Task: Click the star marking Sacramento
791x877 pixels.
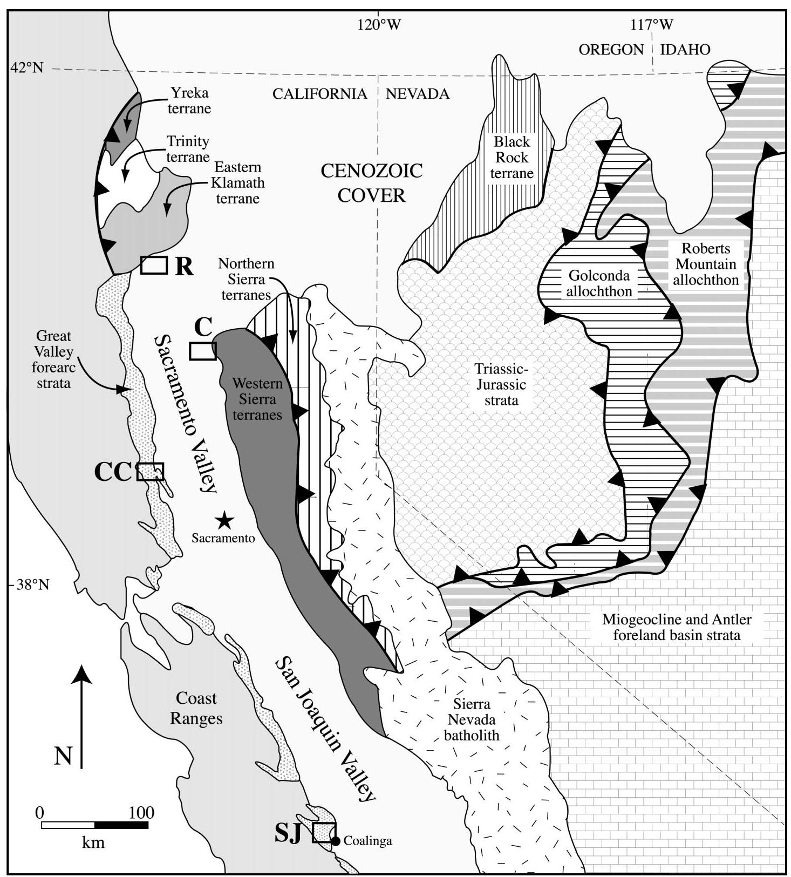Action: pos(224,521)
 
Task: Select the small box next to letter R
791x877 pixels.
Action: pos(154,265)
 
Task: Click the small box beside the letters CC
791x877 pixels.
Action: pos(150,472)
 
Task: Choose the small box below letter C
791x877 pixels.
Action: pos(203,351)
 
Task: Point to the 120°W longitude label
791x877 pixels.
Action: pos(379,24)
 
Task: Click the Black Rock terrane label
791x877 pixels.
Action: pos(512,158)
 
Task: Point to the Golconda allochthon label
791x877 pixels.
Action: pos(599,283)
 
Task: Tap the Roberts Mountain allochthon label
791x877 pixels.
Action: pos(706,264)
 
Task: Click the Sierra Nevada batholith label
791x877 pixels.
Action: pos(472,719)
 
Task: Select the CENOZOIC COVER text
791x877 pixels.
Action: pos(372,182)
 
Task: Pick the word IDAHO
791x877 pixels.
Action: pos(685,50)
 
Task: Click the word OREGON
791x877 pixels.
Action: pos(611,50)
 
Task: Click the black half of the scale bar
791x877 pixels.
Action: pos(121,825)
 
